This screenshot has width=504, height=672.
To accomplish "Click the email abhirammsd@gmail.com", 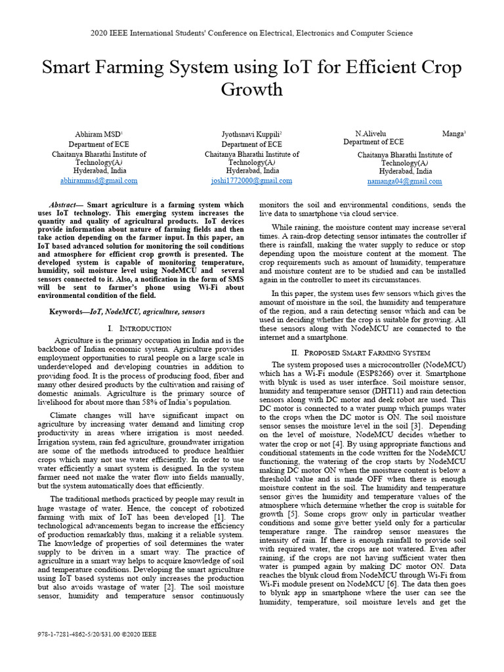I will pyautogui.click(x=98, y=180).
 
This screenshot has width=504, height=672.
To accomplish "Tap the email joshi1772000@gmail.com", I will pyautogui.click(x=251, y=180).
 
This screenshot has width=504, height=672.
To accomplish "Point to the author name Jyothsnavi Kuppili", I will pyautogui.click(x=250, y=134).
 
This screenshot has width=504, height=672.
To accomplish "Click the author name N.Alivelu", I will pyautogui.click(x=371, y=133).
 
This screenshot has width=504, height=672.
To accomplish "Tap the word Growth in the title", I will pyautogui.click(x=252, y=89).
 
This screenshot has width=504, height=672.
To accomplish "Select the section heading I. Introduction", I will pyautogui.click(x=139, y=327).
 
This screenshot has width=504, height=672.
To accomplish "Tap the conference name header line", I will pyautogui.click(x=252, y=32).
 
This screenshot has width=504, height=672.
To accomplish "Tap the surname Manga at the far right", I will pyautogui.click(x=453, y=133).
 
